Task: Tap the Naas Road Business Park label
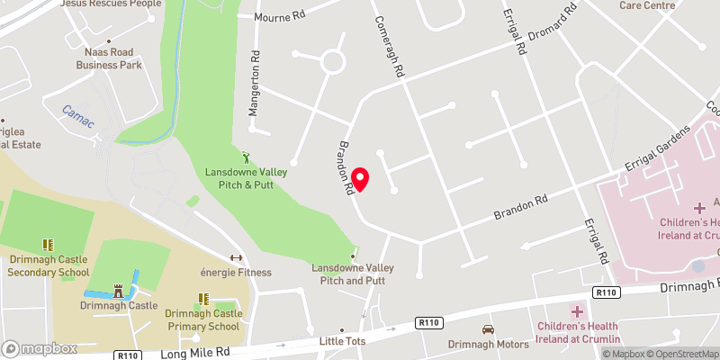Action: [x=108, y=58]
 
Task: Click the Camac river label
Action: [x=78, y=114]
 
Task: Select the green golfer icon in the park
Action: [x=247, y=157]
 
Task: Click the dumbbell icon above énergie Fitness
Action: [x=237, y=257]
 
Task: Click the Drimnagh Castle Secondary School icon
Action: [x=49, y=245]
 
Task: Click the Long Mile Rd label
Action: [x=190, y=354]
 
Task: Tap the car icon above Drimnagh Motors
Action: [x=488, y=329]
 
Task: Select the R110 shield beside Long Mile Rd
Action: [x=129, y=355]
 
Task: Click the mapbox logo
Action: [x=39, y=348]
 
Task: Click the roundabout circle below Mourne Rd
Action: [x=333, y=62]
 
